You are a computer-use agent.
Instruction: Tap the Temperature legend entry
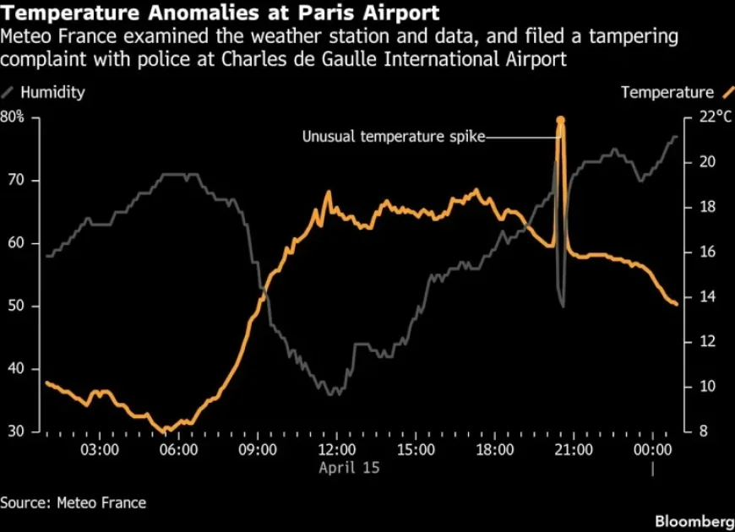click(667, 92)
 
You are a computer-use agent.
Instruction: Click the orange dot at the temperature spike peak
click(559, 121)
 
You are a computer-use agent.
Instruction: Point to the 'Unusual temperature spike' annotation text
click(394, 137)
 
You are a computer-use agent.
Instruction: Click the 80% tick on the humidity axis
click(13, 117)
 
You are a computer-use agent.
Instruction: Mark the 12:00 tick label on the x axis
click(337, 449)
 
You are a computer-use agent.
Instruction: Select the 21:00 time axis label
click(573, 449)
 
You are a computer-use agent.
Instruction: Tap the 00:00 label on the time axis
click(651, 449)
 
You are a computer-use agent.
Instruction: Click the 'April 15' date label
click(349, 467)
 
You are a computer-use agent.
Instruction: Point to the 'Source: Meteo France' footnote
click(73, 502)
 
